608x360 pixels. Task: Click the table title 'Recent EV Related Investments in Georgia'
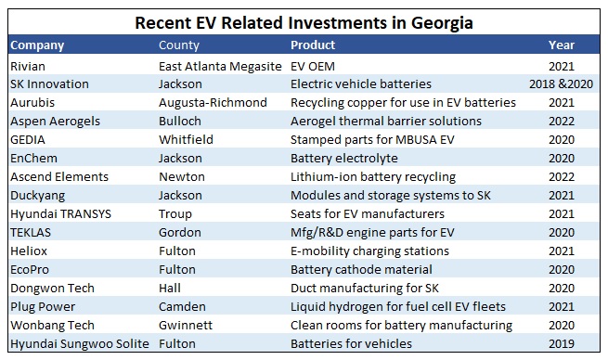304,20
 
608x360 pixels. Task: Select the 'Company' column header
37,45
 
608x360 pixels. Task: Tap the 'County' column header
179,45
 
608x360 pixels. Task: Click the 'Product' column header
313,45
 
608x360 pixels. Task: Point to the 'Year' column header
562,45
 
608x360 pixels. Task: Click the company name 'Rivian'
27,67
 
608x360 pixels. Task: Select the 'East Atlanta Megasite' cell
221,67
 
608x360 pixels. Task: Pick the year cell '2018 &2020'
561,84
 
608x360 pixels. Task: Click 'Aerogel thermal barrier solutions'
386,122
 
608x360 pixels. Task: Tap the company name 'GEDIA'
29,140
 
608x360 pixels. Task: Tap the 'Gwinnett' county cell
187,326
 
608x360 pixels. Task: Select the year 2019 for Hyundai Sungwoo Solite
562,344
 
